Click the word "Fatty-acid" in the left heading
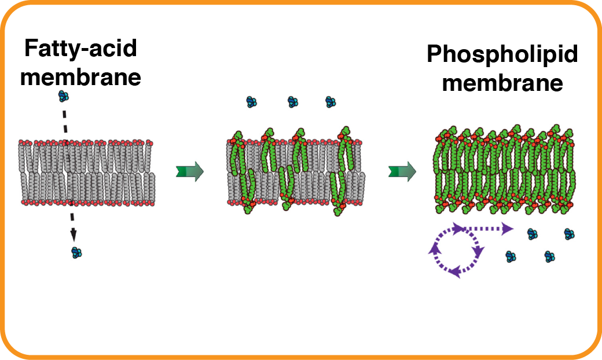coord(80,49)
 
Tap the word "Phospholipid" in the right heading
coord(502,55)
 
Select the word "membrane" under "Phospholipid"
coord(502,83)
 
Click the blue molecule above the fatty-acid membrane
coord(64,96)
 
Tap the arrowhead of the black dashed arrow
coord(74,235)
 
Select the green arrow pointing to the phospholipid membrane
coord(402,171)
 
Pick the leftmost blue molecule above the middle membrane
coord(251,102)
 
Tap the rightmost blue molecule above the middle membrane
coord(331,102)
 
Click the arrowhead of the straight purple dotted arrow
coord(507,229)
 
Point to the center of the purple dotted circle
coord(456,251)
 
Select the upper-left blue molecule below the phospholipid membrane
coord(531,234)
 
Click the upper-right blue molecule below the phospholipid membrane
coord(570,234)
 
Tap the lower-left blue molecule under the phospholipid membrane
coord(511,256)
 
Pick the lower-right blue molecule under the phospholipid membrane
coord(549,256)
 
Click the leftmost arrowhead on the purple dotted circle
coord(432,249)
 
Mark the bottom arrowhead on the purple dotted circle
coord(456,271)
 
